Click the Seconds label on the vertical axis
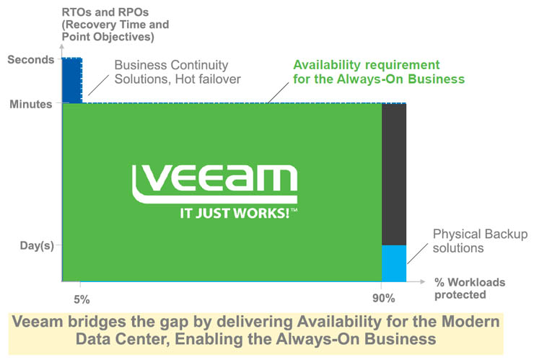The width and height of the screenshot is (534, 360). click(x=30, y=60)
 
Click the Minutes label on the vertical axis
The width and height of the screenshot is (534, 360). click(x=30, y=105)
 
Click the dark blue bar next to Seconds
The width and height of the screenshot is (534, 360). click(x=72, y=79)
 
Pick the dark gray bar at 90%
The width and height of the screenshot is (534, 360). click(x=394, y=173)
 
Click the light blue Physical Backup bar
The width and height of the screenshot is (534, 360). click(x=394, y=263)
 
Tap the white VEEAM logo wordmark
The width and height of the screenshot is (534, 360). click(x=214, y=181)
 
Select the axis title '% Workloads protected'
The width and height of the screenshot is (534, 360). click(x=469, y=289)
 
